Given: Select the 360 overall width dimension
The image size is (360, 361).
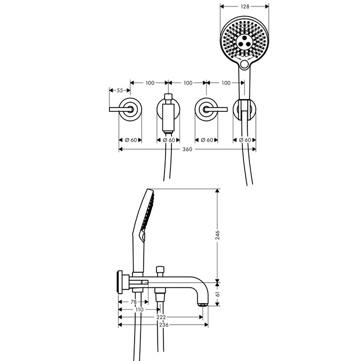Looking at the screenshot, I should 187,150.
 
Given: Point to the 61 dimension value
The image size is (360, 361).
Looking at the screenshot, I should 218,294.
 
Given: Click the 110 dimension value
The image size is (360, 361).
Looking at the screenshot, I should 139,310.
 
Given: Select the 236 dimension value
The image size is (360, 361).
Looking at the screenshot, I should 163,325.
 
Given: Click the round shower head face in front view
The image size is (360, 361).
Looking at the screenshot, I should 244,40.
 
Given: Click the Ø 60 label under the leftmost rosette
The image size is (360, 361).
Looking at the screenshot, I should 130,140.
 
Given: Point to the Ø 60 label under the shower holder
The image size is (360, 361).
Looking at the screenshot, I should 246,140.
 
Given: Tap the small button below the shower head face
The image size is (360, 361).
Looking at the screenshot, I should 245,65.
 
